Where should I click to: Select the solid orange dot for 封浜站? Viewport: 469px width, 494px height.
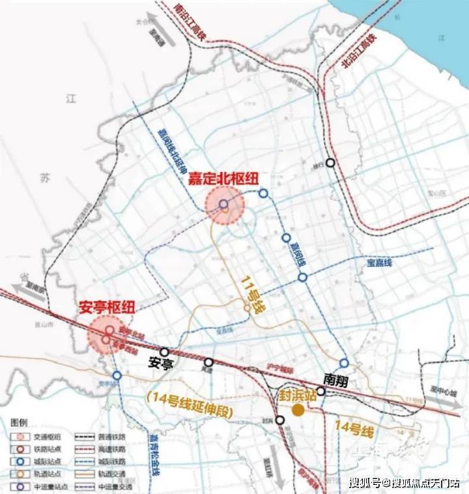coord(298,410)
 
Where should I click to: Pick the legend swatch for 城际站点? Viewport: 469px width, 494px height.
coord(21,461)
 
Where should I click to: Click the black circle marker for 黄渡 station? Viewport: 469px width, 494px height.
coord(208,362)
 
